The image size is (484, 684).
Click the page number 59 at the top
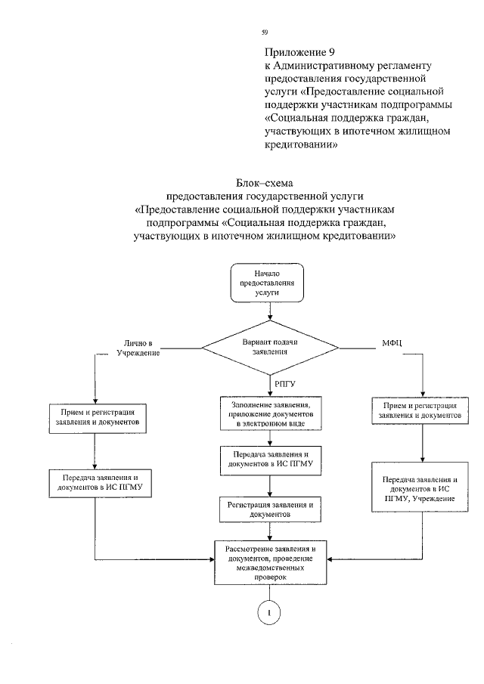[x=265, y=32]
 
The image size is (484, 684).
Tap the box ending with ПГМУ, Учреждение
[x=421, y=490]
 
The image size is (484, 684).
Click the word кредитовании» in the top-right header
[x=300, y=144]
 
